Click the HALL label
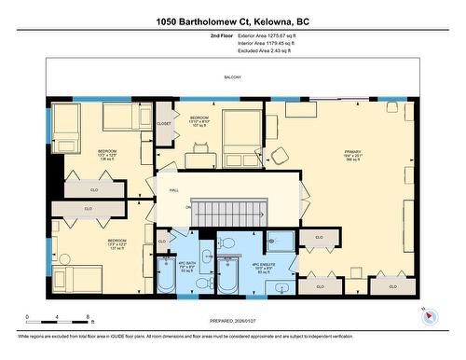[173, 189]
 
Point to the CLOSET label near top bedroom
[164, 122]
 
